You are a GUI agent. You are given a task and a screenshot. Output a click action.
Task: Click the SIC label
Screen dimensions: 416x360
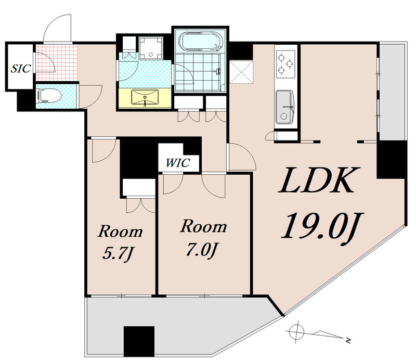(20, 69)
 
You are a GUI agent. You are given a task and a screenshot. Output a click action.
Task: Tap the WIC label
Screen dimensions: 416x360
(178, 162)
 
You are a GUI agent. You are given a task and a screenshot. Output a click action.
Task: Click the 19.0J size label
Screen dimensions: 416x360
(322, 226)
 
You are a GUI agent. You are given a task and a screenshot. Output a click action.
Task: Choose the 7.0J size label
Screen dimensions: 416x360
(202, 250)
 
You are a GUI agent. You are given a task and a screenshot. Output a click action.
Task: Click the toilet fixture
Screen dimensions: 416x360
(49, 96)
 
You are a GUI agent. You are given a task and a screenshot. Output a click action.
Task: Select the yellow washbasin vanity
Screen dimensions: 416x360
(145, 98)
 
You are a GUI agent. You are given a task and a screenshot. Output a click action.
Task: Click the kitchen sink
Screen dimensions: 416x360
(285, 107)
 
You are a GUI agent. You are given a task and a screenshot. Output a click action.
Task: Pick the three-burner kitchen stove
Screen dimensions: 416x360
(285, 63)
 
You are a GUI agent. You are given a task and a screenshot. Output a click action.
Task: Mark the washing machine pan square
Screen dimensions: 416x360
(151, 48)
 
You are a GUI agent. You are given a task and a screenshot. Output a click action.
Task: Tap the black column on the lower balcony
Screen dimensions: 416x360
(139, 341)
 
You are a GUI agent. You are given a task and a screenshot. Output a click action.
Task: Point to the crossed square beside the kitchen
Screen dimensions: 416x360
(241, 72)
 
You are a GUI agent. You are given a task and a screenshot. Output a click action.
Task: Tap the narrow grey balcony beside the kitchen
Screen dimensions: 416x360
(392, 92)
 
